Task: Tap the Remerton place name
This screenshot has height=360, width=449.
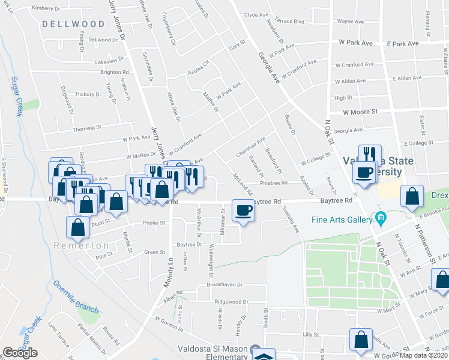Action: [x=80, y=245]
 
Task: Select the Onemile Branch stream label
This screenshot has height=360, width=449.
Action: [x=76, y=295]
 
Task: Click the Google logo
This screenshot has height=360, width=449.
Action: [x=20, y=353]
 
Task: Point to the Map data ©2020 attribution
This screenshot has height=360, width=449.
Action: [x=424, y=355]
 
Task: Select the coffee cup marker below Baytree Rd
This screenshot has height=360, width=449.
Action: [x=243, y=211]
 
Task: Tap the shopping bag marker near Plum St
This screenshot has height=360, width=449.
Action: [x=78, y=229]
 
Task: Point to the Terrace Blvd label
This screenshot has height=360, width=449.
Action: [x=290, y=21]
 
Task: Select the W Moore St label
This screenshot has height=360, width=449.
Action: [x=360, y=112]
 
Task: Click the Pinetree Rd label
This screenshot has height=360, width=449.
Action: [x=274, y=183]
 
